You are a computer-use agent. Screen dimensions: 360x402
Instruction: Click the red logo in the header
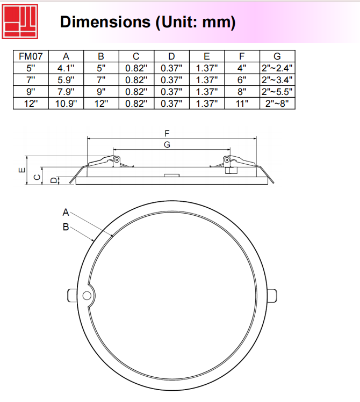[x=20, y=21]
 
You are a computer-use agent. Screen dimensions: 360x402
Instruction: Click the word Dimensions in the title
[x=105, y=22]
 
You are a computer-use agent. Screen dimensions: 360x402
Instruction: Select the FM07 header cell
[x=31, y=56]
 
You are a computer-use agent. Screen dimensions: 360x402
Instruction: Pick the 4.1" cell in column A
[x=66, y=68]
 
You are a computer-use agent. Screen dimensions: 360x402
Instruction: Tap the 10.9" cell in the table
[x=66, y=104]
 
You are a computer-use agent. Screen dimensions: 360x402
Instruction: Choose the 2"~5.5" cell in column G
[x=277, y=92]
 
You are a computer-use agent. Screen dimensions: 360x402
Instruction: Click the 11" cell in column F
[x=242, y=104]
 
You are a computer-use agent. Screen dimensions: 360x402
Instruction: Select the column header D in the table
[x=171, y=56]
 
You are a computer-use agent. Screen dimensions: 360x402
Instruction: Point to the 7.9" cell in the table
[x=66, y=92]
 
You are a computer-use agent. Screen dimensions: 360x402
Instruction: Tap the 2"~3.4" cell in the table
[x=277, y=80]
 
